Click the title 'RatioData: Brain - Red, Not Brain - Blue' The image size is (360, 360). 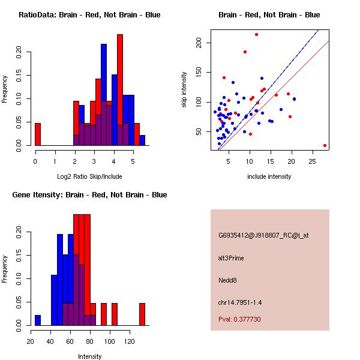pos(89,14)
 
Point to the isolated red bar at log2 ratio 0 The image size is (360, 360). pos(38,134)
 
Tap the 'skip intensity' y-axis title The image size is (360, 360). pos(184,90)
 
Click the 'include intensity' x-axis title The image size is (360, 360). pos(269,176)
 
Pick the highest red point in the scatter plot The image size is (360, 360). pos(256,35)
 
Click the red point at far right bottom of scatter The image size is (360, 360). pos(325,145)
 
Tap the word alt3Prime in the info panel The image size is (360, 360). pos(231,258)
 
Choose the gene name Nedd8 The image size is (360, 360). pos(228,280)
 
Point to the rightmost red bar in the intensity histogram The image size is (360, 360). pos(142,314)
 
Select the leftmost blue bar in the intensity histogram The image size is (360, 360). pos(38,320)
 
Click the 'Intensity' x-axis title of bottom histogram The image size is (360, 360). pos(89,356)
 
